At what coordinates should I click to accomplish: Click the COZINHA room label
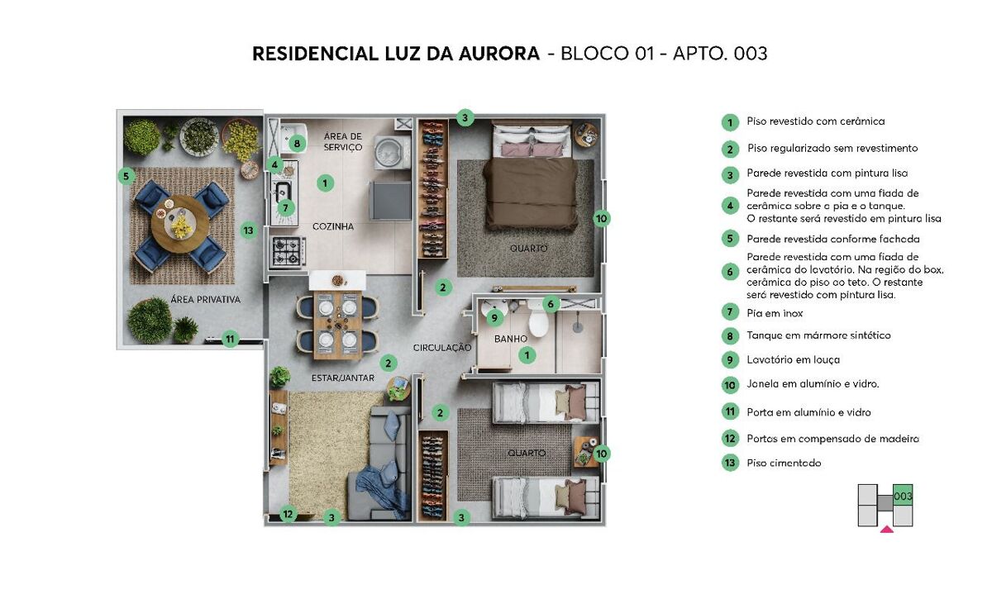pos(333,226)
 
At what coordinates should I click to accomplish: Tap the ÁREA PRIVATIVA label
pos(206,300)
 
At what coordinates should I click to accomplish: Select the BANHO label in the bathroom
pos(511,339)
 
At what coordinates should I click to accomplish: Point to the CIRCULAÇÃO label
pos(442,348)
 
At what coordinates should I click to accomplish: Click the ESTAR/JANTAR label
pos(343,378)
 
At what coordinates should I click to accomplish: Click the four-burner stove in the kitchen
pos(287,252)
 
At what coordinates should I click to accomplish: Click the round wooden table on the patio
pos(180,224)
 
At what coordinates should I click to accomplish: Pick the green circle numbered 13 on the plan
pos(249,230)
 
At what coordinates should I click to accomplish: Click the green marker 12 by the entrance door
pos(288,514)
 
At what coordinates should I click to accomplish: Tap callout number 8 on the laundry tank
pos(297,144)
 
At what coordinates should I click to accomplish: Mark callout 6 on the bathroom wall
pos(551,304)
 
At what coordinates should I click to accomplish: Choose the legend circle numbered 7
pos(730,312)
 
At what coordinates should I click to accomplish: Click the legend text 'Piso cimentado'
pos(784,463)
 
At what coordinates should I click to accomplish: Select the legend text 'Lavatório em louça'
pos(793,359)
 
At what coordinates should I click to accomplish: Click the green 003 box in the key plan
pos(903,496)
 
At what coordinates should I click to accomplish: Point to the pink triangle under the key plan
pos(886,530)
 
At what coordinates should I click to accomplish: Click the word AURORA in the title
pos(499,54)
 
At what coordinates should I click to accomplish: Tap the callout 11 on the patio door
pos(230,340)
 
